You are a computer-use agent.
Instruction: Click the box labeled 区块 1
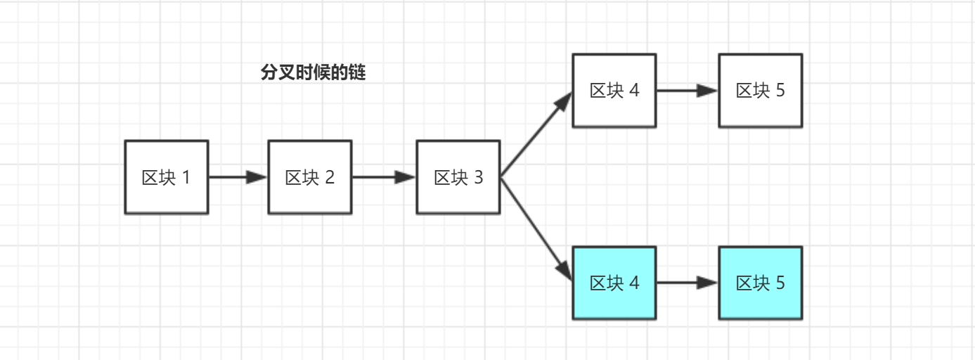point(167,177)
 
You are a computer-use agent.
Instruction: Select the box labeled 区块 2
point(310,177)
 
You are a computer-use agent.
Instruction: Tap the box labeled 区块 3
point(458,177)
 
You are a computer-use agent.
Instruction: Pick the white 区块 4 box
point(614,91)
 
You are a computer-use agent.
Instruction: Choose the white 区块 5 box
point(760,91)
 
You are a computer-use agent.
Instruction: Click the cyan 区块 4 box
point(614,283)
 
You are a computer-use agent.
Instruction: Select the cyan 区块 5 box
point(760,283)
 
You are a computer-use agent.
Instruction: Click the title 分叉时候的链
point(314,73)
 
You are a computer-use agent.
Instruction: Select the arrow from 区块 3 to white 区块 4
point(536,136)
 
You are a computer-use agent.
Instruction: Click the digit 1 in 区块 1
point(186,177)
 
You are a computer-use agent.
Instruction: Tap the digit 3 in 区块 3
point(478,177)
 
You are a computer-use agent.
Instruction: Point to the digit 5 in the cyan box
point(780,283)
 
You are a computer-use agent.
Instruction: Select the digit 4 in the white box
point(635,91)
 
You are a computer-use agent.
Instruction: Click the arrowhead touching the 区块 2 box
point(257,177)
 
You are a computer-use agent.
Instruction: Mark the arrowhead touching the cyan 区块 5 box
point(707,283)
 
